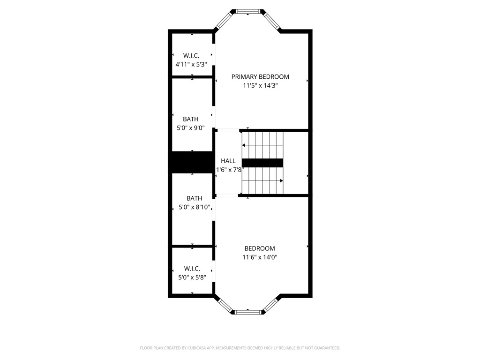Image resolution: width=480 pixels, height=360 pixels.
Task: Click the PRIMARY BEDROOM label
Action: tap(260, 77)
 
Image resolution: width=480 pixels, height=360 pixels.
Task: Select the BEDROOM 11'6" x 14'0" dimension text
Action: tap(260, 257)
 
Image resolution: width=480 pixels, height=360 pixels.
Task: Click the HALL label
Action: tap(228, 161)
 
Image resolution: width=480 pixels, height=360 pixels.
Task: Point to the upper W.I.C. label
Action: tap(192, 56)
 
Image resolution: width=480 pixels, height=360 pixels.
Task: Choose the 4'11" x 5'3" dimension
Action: tap(192, 65)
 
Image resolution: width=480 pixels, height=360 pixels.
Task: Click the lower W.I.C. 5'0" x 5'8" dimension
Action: tap(192, 277)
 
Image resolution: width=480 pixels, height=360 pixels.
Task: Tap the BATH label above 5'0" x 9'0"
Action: tap(190, 120)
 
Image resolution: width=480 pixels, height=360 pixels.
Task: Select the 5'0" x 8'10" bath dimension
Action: tap(194, 207)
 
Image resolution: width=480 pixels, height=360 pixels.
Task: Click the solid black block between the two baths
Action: tap(191, 162)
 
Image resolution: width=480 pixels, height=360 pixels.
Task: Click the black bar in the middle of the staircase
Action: tap(262, 163)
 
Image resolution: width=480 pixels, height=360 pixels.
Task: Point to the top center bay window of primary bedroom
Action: tap(247, 11)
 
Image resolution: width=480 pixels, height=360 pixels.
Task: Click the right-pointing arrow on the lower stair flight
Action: tap(281, 180)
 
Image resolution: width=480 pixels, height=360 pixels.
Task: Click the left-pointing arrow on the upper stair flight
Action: tap(244, 145)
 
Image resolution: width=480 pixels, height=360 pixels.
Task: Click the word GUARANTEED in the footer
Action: tap(325, 348)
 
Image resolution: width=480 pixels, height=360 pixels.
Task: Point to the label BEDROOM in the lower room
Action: tap(260, 248)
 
